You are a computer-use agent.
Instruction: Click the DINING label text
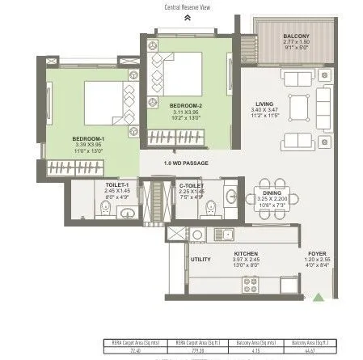(272, 192)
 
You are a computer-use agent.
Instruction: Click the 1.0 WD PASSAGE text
(186, 164)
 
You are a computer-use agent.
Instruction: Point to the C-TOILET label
(191, 185)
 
